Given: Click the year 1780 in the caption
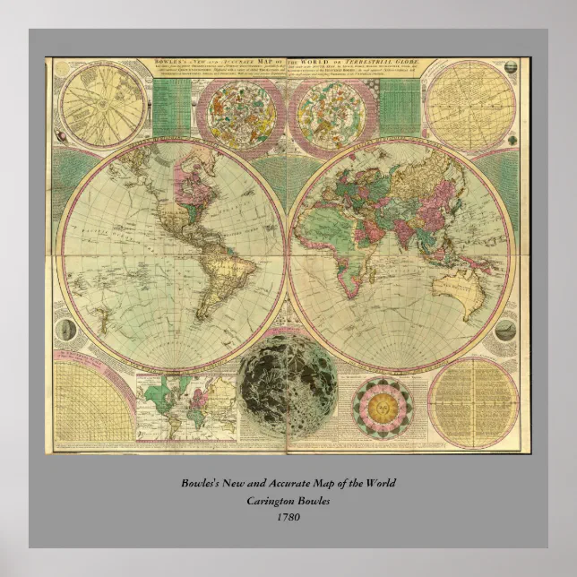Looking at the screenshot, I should pyautogui.click(x=288, y=515).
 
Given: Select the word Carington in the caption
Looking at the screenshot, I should pyautogui.click(x=266, y=500).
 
